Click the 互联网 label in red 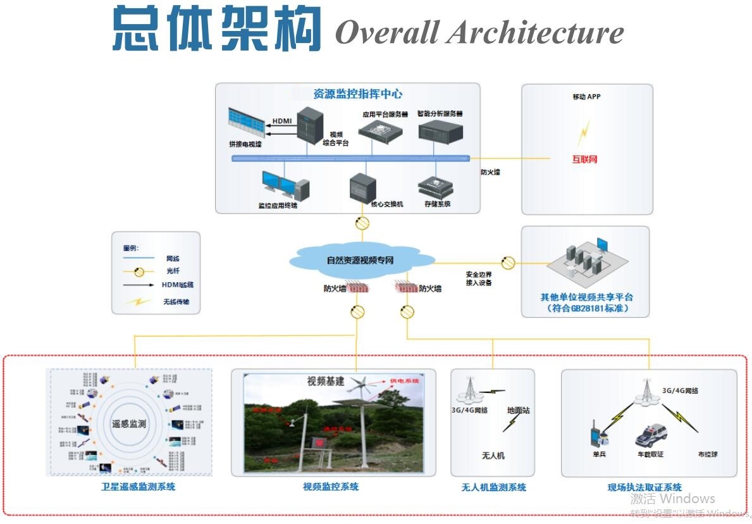[584, 159]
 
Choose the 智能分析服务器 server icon [440, 131]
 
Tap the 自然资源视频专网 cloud [361, 260]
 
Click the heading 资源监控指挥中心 [357, 94]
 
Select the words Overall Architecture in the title [479, 32]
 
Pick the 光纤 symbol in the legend [139, 271]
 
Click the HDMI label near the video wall [282, 121]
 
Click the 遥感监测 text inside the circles [128, 423]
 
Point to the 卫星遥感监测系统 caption [139, 487]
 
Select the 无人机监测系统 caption [493, 487]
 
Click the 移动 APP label [586, 97]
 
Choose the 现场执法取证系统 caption [644, 487]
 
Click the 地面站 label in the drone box [518, 411]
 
